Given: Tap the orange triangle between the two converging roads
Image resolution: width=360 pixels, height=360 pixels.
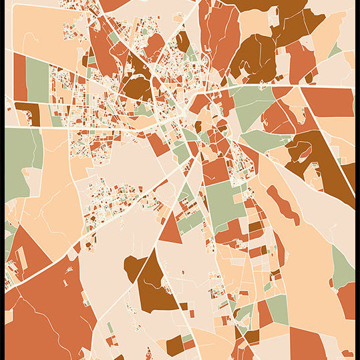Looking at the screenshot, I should pos(170,229).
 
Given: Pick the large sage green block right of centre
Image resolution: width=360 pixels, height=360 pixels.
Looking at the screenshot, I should pos(224,204).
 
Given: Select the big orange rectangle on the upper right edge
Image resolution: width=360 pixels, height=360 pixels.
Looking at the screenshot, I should pos(331,102).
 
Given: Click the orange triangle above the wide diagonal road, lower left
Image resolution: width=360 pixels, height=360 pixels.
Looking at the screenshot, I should pos(27,250).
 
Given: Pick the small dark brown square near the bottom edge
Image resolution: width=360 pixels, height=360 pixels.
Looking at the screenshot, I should pos(174,345).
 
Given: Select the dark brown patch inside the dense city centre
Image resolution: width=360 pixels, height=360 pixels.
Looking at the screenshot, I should pos(137,87).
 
